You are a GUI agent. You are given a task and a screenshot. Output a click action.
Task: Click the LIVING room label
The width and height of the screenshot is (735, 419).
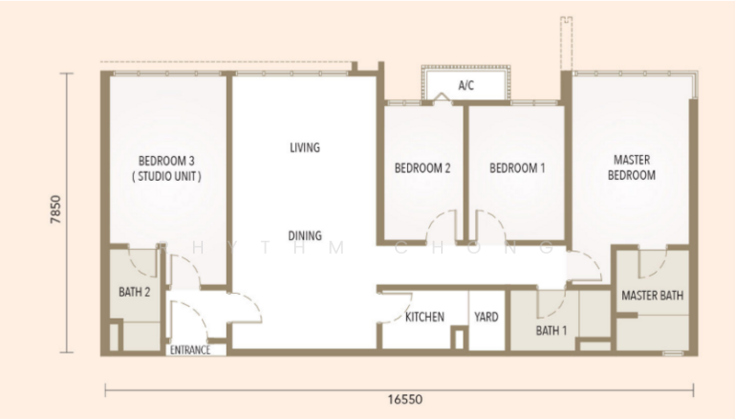[305, 148]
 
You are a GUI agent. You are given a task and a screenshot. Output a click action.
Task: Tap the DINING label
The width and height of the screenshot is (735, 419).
[305, 235]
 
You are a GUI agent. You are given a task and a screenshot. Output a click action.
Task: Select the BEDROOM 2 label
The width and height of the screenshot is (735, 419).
[423, 168]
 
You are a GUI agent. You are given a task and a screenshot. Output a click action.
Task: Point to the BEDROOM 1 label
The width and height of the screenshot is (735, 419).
[517, 168]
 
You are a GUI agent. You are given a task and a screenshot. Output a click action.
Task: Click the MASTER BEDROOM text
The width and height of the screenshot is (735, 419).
[632, 167]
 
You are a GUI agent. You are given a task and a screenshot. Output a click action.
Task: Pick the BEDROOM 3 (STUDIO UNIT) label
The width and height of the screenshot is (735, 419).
[166, 169]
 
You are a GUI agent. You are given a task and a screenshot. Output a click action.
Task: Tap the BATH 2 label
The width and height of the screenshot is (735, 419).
[134, 292]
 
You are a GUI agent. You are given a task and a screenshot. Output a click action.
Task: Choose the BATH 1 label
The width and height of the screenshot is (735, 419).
[551, 331]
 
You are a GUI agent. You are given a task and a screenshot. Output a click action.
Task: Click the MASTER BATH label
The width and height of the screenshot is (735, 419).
[652, 295]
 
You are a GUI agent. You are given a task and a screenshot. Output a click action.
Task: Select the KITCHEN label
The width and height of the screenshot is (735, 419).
[424, 317]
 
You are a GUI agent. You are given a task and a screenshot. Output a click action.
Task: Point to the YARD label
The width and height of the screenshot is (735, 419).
[486, 317]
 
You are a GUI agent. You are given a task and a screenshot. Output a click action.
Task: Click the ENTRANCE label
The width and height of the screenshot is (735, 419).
[190, 350]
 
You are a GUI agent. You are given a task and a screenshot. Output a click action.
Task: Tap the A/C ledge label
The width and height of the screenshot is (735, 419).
[466, 85]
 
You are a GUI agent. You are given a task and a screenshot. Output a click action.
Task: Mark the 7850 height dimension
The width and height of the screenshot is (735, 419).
[56, 209]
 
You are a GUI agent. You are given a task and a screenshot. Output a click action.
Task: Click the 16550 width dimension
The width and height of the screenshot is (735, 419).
[405, 400]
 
